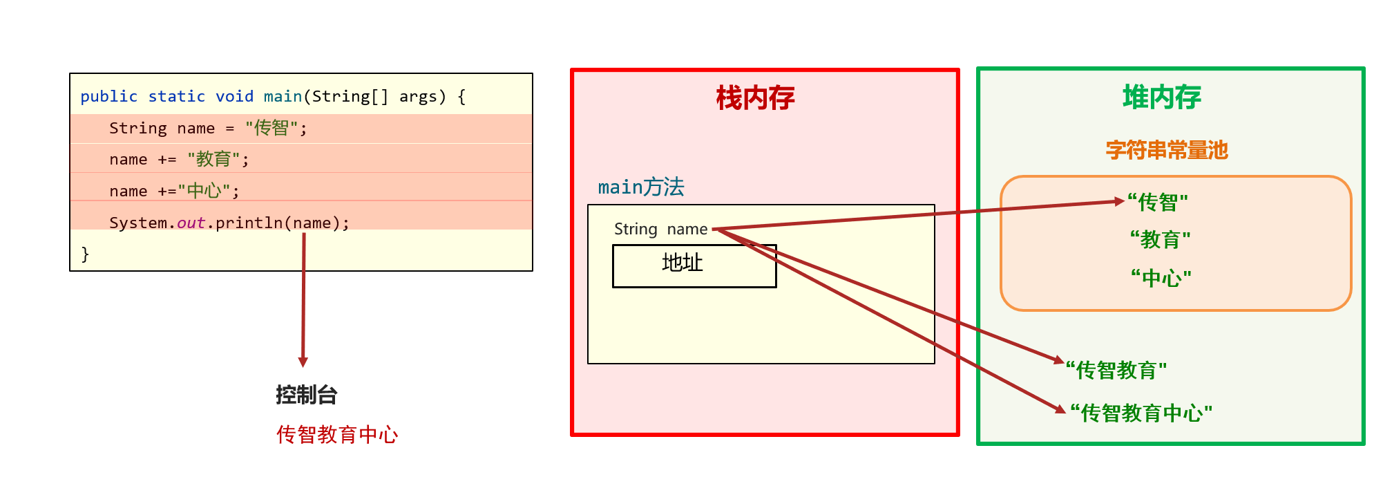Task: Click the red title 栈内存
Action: click(x=755, y=98)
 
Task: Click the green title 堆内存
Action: click(x=1162, y=97)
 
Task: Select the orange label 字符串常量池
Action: click(x=1167, y=150)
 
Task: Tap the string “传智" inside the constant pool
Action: click(x=1158, y=203)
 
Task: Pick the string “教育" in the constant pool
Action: click(x=1161, y=240)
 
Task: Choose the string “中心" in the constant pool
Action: click(x=1161, y=279)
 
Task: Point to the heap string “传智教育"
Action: click(x=1116, y=371)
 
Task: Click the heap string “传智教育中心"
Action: click(x=1141, y=413)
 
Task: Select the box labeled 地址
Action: click(x=694, y=265)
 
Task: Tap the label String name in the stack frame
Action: click(x=660, y=230)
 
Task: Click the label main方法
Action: click(x=641, y=187)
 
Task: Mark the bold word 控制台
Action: click(x=306, y=395)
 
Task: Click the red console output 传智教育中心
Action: click(x=337, y=435)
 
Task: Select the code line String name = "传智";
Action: click(x=208, y=129)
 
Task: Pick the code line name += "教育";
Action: click(x=179, y=160)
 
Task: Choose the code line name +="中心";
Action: click(x=174, y=192)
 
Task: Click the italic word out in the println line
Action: click(x=191, y=223)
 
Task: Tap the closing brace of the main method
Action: click(x=85, y=254)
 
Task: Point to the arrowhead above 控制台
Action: click(x=303, y=362)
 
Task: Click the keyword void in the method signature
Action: click(x=234, y=97)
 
